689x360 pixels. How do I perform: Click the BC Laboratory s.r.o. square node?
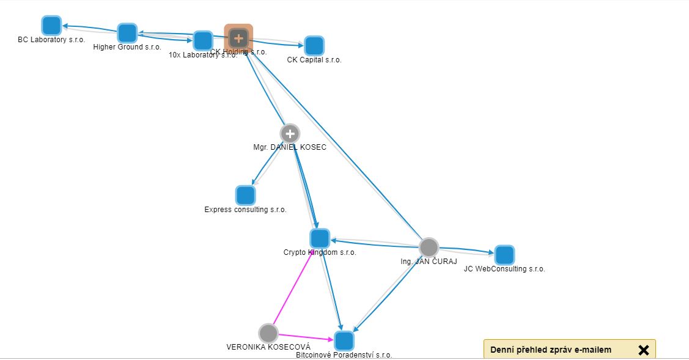[x=51, y=26]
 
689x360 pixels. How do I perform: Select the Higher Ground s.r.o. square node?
[x=127, y=33]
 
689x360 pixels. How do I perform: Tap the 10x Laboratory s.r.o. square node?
[x=202, y=41]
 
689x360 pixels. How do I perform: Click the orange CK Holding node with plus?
[x=238, y=39]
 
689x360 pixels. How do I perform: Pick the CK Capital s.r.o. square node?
[x=314, y=46]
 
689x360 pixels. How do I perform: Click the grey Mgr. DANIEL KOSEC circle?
[x=290, y=133]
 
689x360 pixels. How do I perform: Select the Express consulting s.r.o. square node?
[x=245, y=196]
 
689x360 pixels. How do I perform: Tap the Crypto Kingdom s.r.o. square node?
[x=319, y=238]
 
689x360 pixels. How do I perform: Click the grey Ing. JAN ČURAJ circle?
[x=429, y=248]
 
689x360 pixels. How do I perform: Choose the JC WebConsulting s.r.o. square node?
[x=504, y=255]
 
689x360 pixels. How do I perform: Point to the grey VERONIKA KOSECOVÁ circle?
[x=268, y=333]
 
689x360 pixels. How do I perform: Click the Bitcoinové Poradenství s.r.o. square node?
[x=344, y=340]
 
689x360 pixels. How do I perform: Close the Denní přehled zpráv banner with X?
[x=643, y=350]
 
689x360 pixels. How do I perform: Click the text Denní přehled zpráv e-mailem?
[x=550, y=350]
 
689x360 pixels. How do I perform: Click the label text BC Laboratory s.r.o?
[x=51, y=40]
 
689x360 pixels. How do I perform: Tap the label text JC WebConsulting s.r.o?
[x=504, y=269]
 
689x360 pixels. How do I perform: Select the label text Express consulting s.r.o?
[x=245, y=210]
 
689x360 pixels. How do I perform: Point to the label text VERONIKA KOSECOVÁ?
[x=268, y=347]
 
